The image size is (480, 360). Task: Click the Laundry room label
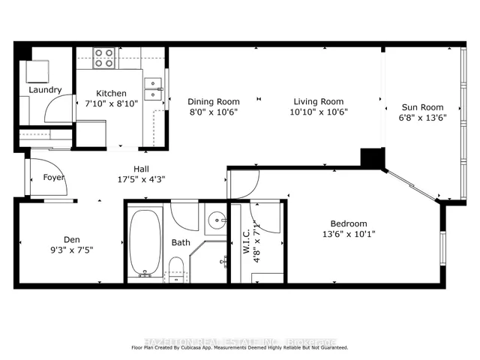45,90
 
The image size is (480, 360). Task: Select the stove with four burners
104,58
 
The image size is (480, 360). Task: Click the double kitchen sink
153,88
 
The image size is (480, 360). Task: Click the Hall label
142,169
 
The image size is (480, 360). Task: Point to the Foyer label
53,178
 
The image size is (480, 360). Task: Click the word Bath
181,242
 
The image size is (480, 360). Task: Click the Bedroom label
349,223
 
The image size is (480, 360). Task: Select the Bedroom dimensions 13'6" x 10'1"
349,235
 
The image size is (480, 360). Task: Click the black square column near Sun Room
371,158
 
